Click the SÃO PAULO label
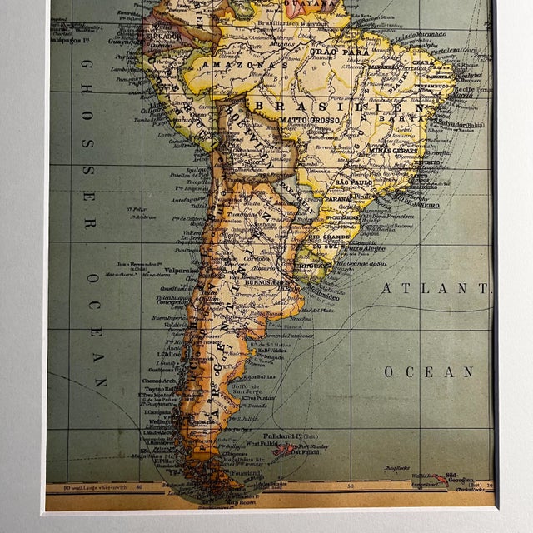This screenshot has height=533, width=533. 353,181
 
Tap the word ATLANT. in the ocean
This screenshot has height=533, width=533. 436,288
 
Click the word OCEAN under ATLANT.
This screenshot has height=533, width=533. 429,371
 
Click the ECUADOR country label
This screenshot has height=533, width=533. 163,36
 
